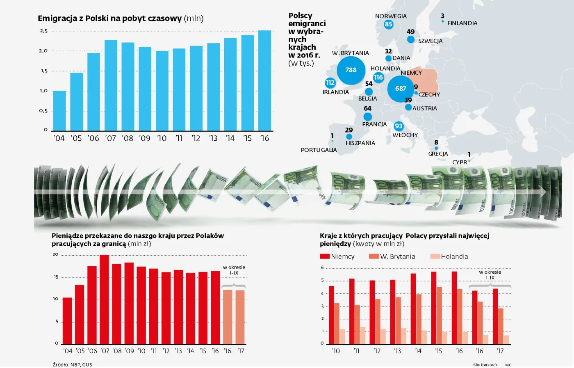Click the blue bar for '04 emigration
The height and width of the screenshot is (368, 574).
(x=59, y=111)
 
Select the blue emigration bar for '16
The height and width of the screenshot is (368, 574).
(x=264, y=81)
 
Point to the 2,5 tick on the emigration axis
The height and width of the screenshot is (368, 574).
(x=44, y=31)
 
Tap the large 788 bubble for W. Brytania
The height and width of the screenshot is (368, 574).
(x=351, y=70)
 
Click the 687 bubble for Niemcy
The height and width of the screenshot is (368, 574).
(x=401, y=89)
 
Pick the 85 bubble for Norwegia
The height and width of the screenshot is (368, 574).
(x=388, y=24)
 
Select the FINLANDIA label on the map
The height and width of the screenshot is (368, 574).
(x=462, y=23)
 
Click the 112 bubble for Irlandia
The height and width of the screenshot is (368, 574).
(x=330, y=83)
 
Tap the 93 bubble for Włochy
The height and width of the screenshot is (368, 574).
(x=399, y=126)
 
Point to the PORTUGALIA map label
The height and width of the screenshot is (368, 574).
(x=319, y=150)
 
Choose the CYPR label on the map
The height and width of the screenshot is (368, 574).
(x=460, y=162)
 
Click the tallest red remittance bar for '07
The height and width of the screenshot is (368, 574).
(x=105, y=299)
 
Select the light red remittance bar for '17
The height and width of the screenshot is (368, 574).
(x=240, y=317)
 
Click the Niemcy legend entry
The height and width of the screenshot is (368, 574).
(x=337, y=257)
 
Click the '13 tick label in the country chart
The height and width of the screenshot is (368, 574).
(x=397, y=351)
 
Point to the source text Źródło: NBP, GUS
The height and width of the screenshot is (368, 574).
(x=73, y=365)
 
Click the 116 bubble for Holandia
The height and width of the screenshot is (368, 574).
(x=378, y=77)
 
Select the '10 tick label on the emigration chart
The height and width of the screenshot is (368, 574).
(x=162, y=139)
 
